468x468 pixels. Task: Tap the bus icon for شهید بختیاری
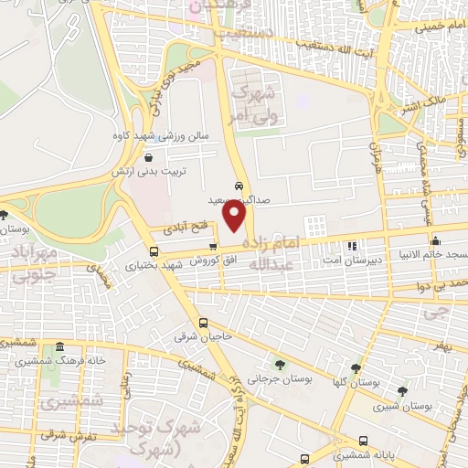coord(153,251)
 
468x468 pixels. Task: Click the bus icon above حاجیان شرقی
coord(203,323)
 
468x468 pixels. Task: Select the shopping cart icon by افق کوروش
coord(213,246)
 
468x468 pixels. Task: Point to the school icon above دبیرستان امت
coord(352,246)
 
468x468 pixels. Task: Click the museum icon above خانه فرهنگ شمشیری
coord(59,347)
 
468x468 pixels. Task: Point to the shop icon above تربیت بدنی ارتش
coord(149,157)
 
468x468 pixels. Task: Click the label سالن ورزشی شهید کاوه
coord(168,136)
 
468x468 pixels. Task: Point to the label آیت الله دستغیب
coord(329,47)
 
